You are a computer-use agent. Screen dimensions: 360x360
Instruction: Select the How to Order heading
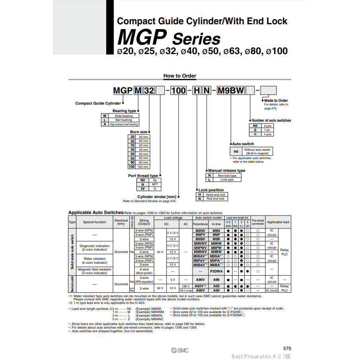point(180,76)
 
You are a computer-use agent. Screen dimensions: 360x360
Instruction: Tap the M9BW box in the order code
point(231,90)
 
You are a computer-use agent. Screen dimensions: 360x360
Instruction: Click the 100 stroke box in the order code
point(179,90)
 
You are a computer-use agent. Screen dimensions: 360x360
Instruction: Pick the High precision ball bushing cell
point(124,124)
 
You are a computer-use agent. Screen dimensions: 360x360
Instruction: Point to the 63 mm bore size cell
point(143,158)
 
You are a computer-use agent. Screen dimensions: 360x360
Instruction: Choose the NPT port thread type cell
point(155,184)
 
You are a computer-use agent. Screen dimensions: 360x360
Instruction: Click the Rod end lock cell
point(215,198)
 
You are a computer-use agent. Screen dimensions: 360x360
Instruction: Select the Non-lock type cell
point(227,175)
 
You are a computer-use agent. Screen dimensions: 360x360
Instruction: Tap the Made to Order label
point(276,101)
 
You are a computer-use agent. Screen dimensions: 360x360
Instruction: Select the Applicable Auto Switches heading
point(96,212)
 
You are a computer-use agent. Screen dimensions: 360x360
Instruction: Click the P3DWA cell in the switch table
point(216,271)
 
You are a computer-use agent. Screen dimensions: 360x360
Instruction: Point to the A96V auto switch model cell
point(200,280)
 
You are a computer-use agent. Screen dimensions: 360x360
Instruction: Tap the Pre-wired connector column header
point(258,222)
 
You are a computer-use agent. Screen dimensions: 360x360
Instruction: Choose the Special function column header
point(95,222)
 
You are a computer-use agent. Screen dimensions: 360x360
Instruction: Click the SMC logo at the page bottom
point(180,350)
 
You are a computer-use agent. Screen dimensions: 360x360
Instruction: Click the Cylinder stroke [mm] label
point(157,197)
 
